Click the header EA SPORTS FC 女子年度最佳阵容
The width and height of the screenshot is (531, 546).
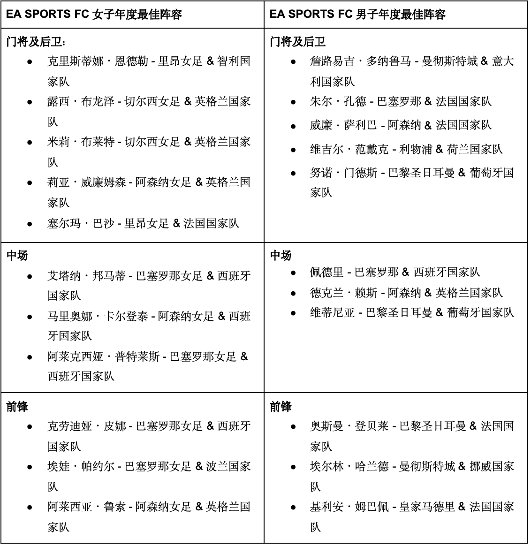click(94, 14)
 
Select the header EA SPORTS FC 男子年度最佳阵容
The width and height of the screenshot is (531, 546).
click(357, 14)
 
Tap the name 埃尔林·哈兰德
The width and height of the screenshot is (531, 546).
click(349, 467)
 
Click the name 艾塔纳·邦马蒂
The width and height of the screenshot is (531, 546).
click(86, 276)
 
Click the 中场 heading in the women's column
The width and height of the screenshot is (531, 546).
click(17, 256)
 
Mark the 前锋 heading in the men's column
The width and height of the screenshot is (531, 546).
click(281, 407)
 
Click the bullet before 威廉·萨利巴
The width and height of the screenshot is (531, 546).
click(293, 126)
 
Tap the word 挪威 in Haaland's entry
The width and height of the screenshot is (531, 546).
click(480, 467)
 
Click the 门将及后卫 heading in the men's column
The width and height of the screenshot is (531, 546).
click(297, 42)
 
